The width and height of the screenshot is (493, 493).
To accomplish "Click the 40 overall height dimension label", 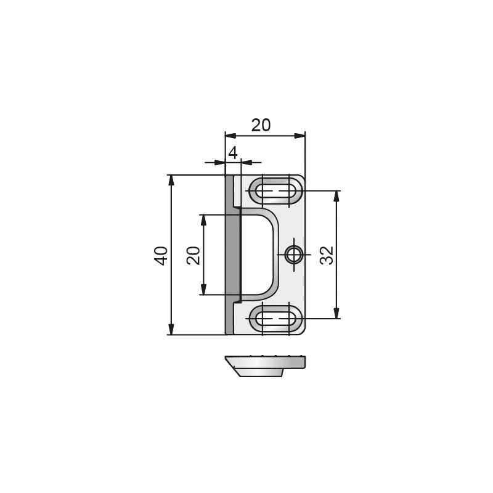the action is coord(161,256).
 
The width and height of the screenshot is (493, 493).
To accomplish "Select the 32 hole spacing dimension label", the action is coord(327,255).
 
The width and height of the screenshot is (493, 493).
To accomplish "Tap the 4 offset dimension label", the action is coord(233,153).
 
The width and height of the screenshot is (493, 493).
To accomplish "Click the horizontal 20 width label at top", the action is coord(261,126).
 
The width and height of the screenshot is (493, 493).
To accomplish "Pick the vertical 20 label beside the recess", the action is coord(194,255).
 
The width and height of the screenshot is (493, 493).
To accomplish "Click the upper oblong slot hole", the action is coord(275,190).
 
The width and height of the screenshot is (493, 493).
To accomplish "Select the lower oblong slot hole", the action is coord(275,319).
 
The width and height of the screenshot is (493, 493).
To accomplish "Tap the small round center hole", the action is coord(294,255).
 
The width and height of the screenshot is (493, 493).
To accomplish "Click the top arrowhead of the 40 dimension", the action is coord(171,181).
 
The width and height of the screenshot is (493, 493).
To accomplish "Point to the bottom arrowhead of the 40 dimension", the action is coord(171,329).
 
